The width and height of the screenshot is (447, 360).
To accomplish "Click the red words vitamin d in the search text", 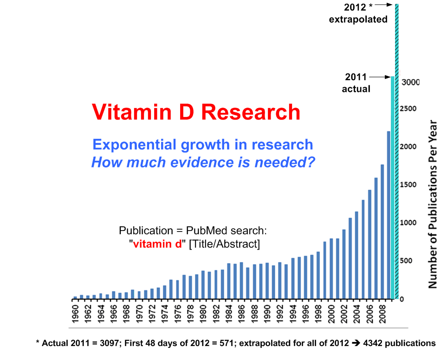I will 157,244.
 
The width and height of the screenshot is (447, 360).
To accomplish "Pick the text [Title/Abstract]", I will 224,244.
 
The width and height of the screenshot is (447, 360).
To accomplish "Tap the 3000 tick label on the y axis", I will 410,83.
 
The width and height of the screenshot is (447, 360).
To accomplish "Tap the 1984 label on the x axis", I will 229,315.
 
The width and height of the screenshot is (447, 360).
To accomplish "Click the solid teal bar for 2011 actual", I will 392,186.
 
